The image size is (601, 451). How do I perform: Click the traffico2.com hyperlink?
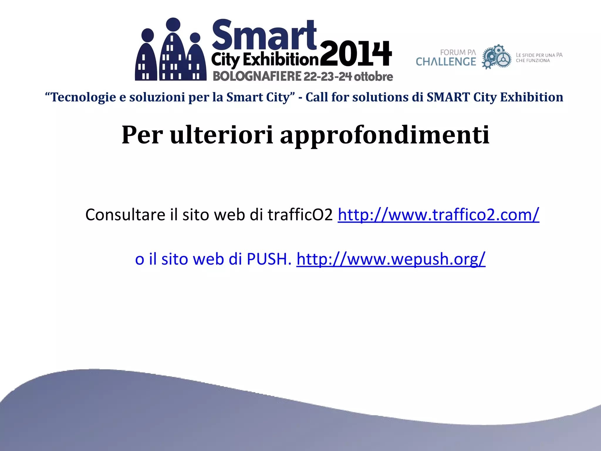[438, 215]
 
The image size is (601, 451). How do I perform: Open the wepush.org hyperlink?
[391, 259]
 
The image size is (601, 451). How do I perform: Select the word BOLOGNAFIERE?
[257, 76]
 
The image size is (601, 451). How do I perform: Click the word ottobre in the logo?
[373, 77]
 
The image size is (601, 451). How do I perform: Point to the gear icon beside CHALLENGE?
[497, 57]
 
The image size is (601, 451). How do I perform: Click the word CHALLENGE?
[446, 62]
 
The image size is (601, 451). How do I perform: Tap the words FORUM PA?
[458, 53]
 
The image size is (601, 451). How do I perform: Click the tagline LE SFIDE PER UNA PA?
[539, 55]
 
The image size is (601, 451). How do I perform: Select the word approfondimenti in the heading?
[384, 135]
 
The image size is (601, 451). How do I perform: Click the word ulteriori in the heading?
[222, 135]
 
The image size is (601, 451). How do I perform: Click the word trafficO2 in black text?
[300, 215]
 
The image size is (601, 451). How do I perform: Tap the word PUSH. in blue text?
[269, 259]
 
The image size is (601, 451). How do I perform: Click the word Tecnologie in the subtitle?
[83, 97]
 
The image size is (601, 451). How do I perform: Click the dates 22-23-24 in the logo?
[327, 77]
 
